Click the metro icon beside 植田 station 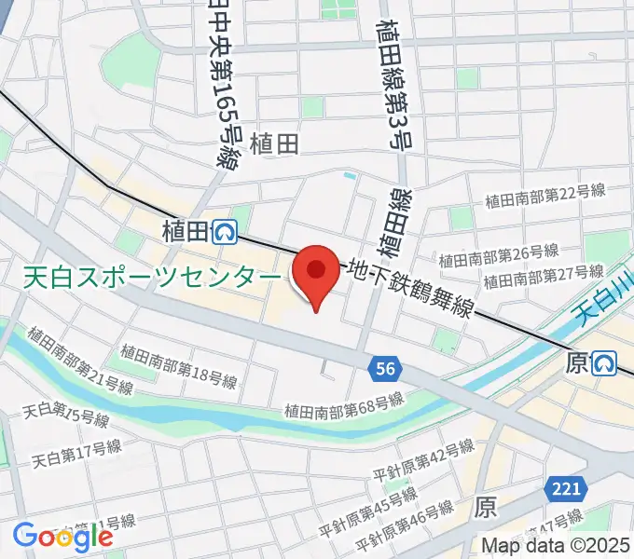(x=224, y=231)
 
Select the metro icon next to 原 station (x=605, y=362)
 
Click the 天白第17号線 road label (x=76, y=454)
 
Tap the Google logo (x=62, y=536)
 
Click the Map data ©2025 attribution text (x=557, y=547)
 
